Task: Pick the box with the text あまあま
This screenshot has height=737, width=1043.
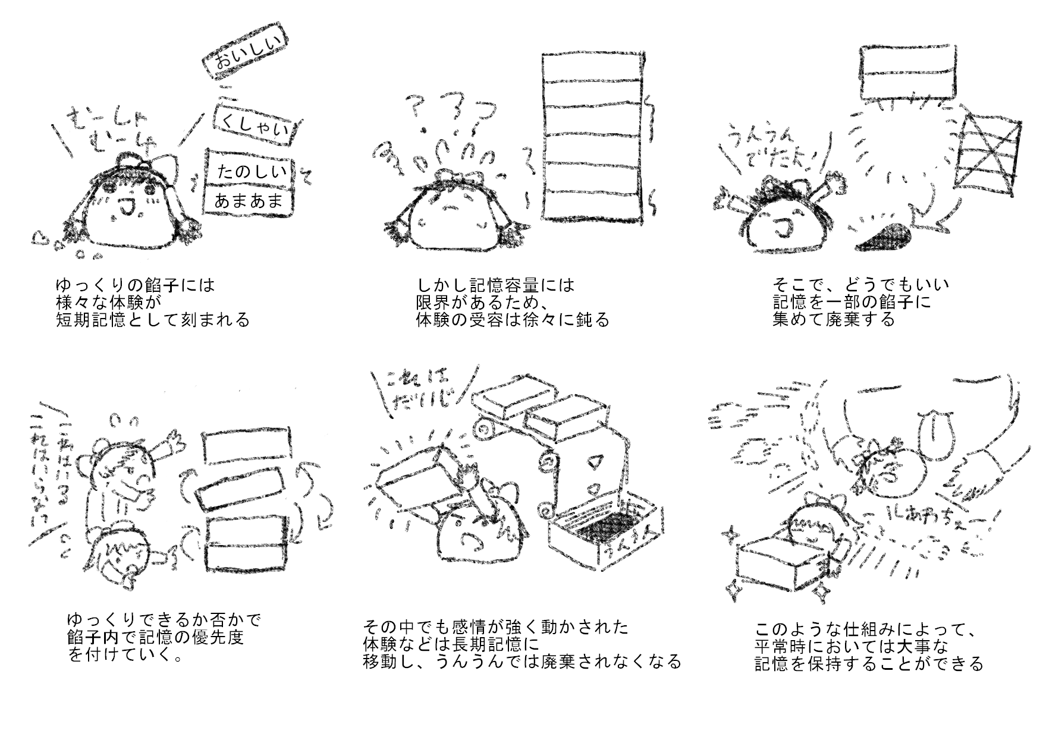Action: coord(249,201)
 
